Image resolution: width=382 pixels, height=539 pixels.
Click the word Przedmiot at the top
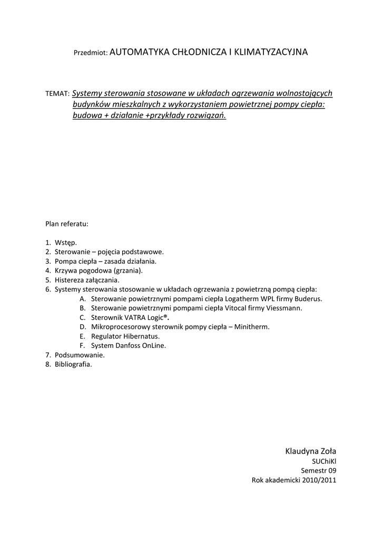(x=90, y=53)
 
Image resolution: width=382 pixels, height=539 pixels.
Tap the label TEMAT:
(x=57, y=94)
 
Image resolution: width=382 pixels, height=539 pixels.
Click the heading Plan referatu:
(x=67, y=223)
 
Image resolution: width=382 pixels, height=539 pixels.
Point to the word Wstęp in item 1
(x=65, y=243)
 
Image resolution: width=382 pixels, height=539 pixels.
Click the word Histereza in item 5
(x=70, y=280)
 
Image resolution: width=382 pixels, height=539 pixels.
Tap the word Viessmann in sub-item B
(x=286, y=308)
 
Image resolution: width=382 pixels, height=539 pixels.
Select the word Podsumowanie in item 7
(x=76, y=355)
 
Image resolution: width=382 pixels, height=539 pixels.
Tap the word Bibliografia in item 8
(x=73, y=364)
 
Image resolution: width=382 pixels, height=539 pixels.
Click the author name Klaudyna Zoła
(x=310, y=451)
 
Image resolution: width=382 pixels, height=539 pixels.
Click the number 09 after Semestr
(x=331, y=471)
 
